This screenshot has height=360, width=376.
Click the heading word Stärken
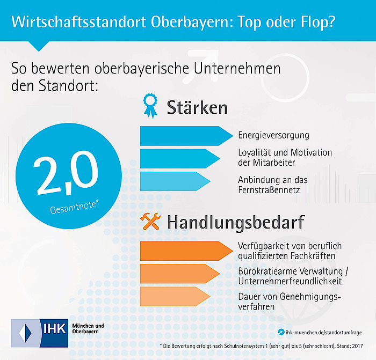coord(197,107)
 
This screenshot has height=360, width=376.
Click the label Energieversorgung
coord(273,135)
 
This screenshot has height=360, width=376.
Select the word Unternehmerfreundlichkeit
coord(290,281)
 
